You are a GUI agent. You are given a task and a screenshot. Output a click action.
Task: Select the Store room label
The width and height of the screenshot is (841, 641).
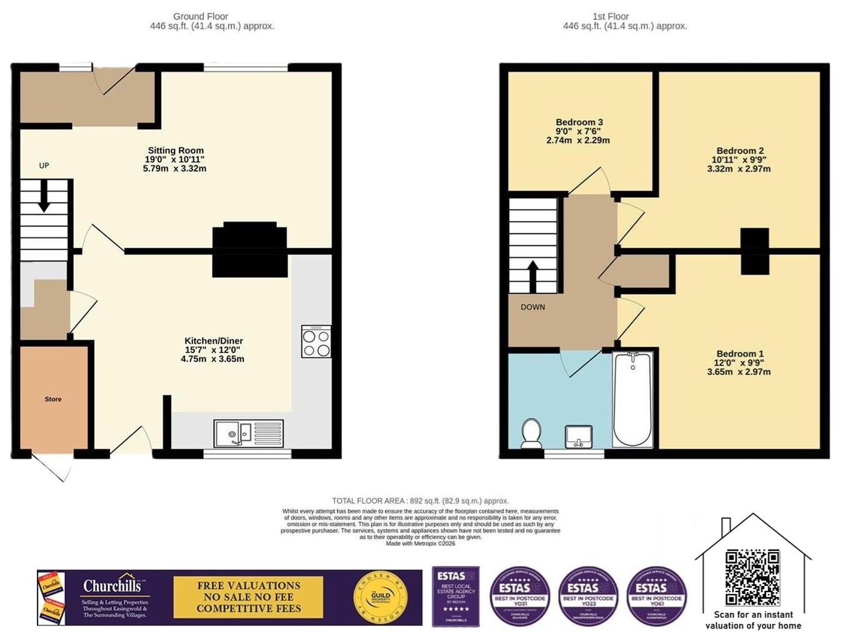point(53,399)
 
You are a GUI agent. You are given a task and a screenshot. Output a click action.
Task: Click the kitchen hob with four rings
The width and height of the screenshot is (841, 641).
point(316,342)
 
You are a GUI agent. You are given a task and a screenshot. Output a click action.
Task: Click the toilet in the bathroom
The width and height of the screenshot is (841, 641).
point(531,433)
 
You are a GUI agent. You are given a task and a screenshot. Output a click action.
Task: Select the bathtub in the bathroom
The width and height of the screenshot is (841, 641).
point(633,400)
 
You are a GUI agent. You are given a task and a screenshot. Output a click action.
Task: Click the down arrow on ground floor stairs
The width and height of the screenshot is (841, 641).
point(44,197)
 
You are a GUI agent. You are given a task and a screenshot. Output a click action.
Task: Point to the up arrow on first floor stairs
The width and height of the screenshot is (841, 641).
point(533,276)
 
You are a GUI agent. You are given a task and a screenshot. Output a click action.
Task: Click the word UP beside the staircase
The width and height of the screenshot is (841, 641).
point(44,166)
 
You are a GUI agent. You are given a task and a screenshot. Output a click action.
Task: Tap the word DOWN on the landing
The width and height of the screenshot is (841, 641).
point(533,307)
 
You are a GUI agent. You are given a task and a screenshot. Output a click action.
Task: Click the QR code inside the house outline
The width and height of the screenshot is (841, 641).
point(752,577)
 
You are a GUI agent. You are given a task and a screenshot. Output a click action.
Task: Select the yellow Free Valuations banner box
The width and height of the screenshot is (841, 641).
point(248,597)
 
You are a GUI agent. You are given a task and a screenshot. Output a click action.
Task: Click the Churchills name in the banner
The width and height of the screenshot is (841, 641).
point(113,586)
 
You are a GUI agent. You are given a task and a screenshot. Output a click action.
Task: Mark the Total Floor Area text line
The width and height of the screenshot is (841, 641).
point(420,501)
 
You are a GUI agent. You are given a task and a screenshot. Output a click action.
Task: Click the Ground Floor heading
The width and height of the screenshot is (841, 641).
point(200,16)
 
